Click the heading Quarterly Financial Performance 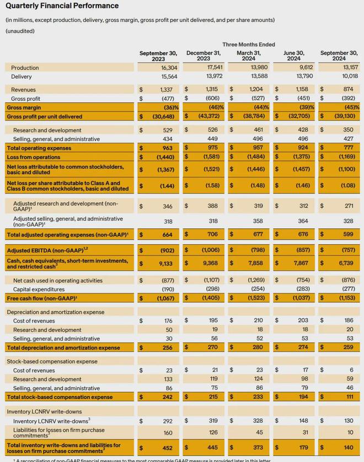tap(62, 6)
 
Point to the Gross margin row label tap(24, 107)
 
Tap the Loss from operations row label tap(34, 157)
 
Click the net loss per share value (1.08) tap(347, 186)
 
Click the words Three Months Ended tap(248, 44)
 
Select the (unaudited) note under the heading tap(20, 31)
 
